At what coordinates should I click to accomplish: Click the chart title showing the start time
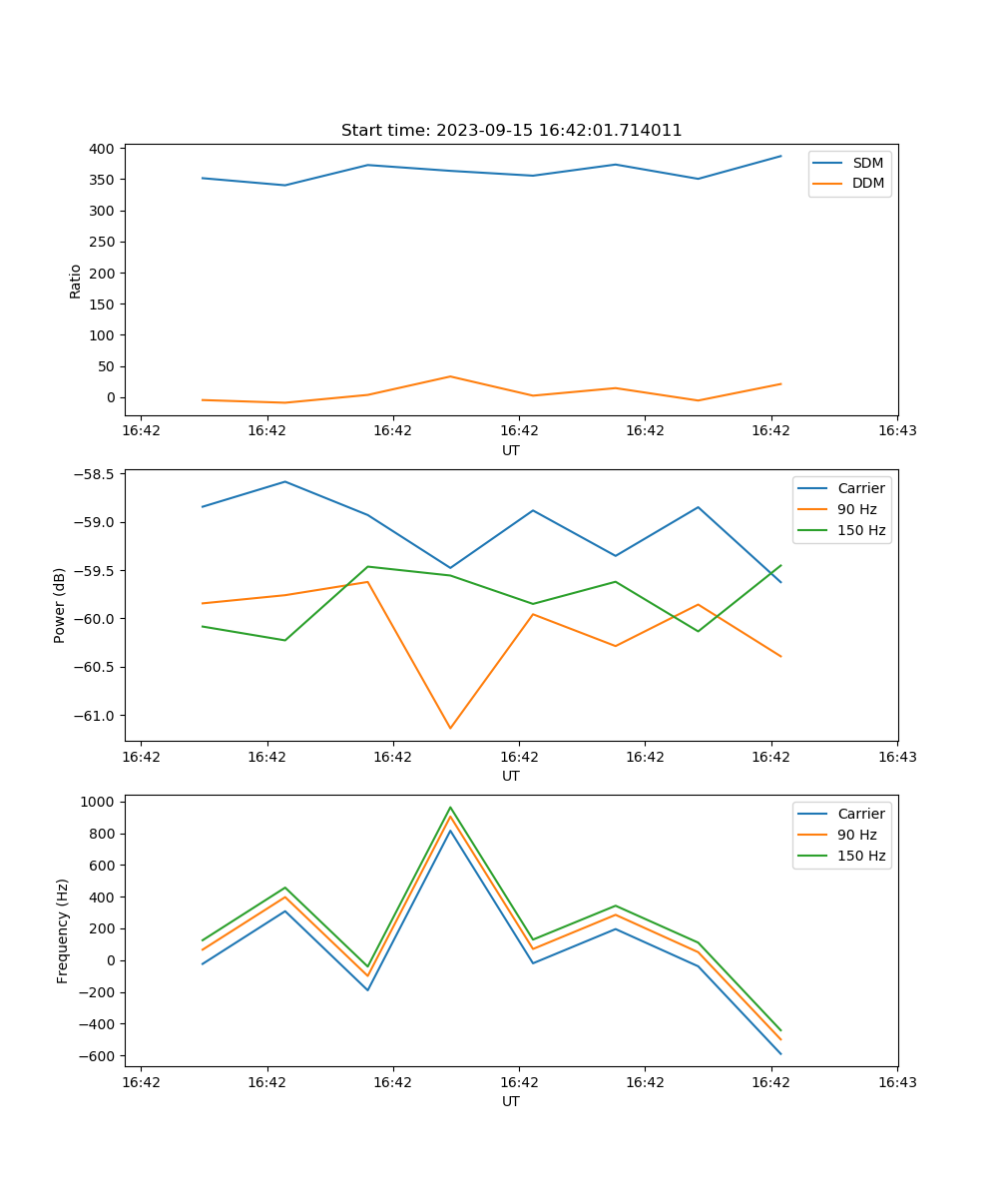point(511,131)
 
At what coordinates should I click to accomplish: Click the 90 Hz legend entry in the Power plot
point(857,509)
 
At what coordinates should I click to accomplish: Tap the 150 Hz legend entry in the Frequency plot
point(861,856)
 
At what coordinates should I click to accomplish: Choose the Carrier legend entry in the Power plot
point(860,488)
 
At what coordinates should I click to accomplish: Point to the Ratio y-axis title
point(76,282)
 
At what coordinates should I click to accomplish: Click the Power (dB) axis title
point(60,605)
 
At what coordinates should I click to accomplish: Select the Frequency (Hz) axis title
point(62,930)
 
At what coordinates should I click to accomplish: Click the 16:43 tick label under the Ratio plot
point(896,431)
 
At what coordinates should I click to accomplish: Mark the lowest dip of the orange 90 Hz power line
point(450,728)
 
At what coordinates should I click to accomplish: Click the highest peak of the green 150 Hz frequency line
point(450,807)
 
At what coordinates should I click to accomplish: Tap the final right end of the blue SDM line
point(780,156)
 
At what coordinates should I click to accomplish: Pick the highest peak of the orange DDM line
point(450,376)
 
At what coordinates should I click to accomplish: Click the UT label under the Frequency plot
point(511,1101)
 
